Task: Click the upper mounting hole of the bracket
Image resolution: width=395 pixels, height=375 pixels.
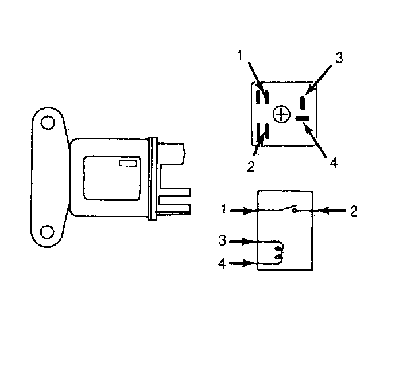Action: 47,123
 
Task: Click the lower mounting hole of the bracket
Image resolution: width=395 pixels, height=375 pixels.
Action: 47,232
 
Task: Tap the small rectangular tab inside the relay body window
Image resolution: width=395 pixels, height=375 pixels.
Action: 127,163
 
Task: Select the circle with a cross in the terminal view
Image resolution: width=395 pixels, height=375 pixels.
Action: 282,114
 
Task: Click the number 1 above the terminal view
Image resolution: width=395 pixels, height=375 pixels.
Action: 240,55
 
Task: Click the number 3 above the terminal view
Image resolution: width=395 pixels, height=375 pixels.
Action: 339,58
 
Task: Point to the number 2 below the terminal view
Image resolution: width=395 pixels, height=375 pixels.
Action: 251,166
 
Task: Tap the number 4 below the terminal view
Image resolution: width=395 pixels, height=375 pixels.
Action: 334,163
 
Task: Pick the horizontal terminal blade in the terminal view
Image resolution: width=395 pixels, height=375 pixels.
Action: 302,118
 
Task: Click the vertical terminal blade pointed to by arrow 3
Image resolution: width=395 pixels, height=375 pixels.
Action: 302,103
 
